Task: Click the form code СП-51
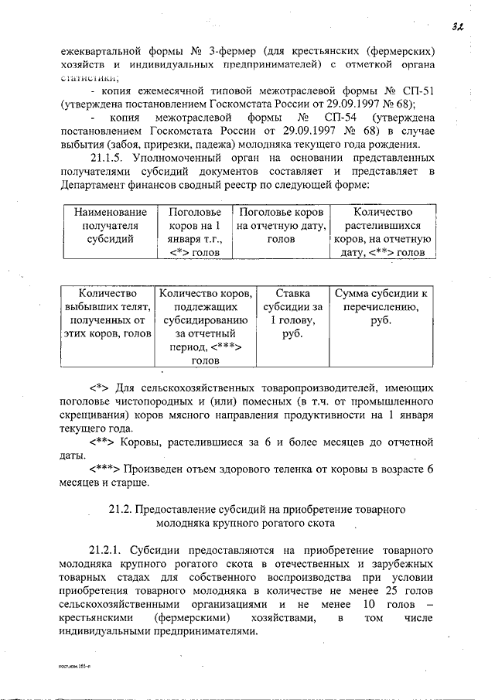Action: click(414, 91)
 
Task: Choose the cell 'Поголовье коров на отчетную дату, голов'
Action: click(281, 225)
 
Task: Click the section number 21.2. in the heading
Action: click(121, 510)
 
